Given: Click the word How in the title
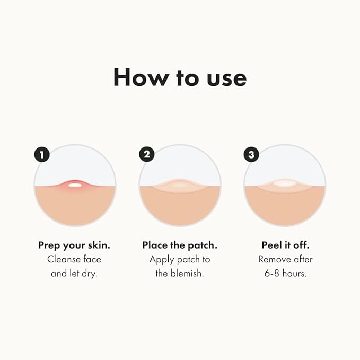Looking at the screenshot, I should [136, 77].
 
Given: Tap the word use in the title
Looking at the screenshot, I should [225, 78].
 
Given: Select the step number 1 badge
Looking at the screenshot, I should [41, 154].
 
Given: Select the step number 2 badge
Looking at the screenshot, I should [146, 154].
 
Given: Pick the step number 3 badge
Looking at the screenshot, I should [251, 154].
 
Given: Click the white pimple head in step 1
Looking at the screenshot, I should [75, 185].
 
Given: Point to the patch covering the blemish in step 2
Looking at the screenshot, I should [180, 185].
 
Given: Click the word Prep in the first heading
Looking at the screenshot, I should [49, 245].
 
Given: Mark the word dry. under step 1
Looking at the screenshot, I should [89, 274].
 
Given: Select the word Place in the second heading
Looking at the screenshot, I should [155, 245].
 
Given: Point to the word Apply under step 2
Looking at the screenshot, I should [161, 259].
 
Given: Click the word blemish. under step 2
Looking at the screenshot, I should [187, 274].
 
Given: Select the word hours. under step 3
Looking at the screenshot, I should [295, 274].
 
